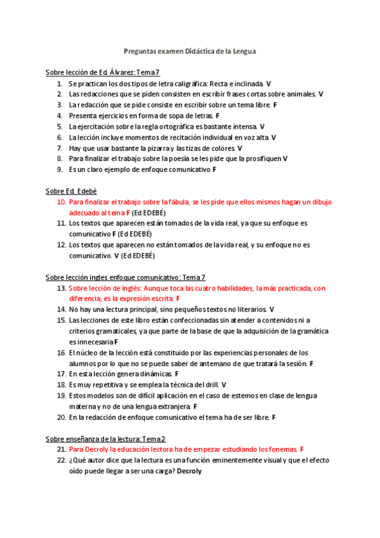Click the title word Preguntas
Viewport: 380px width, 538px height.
140,51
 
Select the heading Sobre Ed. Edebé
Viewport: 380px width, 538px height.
71,191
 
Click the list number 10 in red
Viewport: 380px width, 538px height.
62,202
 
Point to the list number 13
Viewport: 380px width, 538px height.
62,287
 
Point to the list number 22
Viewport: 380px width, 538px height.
62,460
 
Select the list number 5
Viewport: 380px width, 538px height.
60,126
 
